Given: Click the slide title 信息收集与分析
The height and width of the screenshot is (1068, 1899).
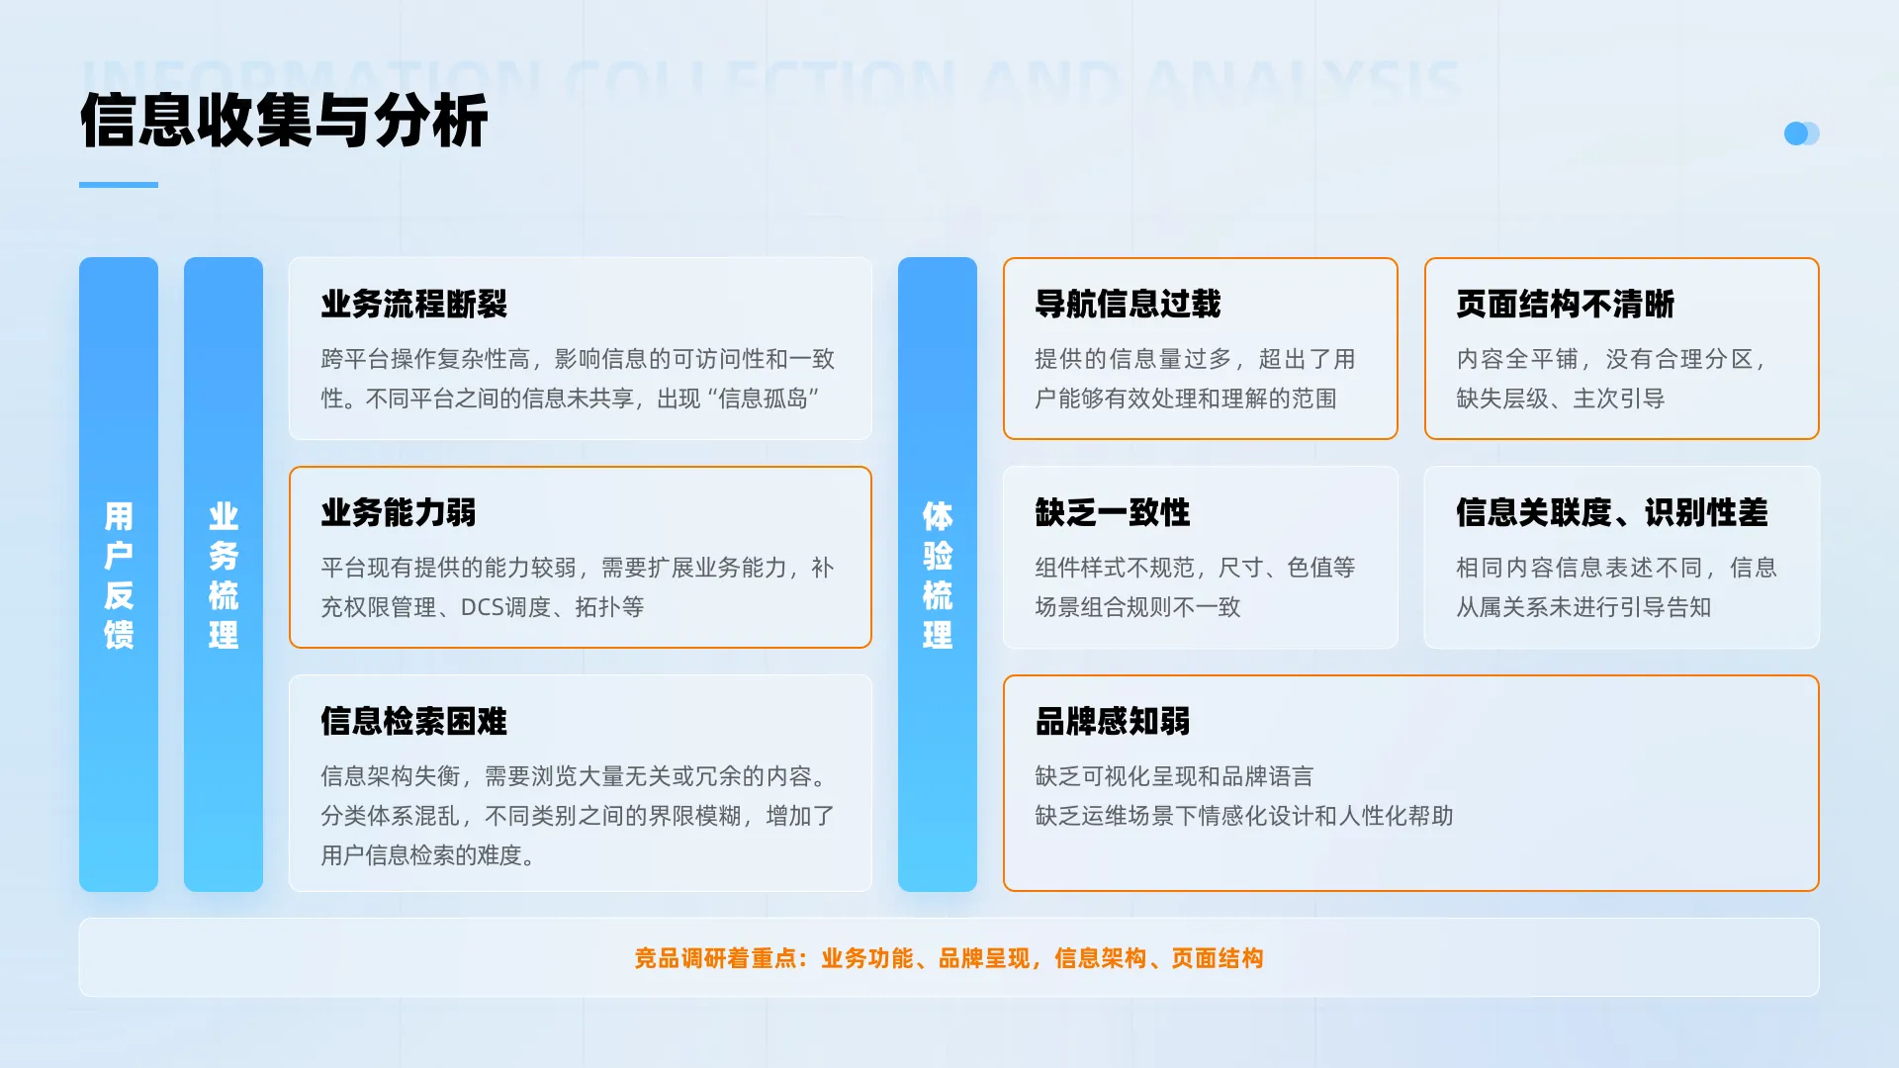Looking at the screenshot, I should [284, 121].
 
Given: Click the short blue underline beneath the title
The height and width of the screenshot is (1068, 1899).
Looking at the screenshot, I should [119, 185].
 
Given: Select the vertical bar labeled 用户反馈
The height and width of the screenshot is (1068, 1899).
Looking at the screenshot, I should [119, 574].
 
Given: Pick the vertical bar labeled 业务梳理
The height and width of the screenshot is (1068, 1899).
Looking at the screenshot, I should [224, 574].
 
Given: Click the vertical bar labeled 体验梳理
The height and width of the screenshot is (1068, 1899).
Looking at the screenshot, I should [938, 574].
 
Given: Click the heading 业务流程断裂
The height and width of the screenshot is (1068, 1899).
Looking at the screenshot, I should [413, 304].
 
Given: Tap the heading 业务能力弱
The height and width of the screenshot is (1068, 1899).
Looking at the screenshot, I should [398, 512].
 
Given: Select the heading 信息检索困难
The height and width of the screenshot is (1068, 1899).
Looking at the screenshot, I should [413, 721].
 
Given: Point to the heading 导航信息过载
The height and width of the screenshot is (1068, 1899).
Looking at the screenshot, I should [1128, 304].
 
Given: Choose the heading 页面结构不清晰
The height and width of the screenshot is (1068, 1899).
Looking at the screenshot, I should [1565, 304].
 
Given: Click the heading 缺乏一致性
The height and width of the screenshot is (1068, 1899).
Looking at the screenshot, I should [1112, 512].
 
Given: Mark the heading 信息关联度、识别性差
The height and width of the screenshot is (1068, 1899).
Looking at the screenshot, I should [1611, 512].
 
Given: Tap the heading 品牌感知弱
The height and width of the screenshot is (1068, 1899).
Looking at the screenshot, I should [1112, 721].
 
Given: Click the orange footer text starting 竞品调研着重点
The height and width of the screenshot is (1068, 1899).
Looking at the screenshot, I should [949, 958].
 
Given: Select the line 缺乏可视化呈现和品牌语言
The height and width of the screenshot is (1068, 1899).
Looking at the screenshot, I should [1174, 776].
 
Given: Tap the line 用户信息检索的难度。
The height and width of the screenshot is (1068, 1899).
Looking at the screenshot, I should [428, 855].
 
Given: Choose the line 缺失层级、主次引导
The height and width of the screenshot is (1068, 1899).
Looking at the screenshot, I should [1560, 399].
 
